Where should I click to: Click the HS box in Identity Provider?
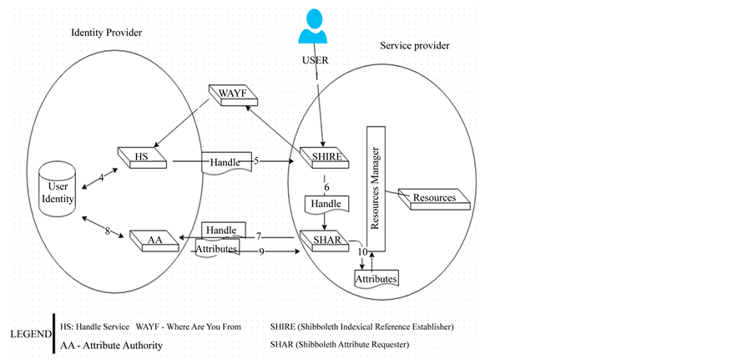pos(141,156)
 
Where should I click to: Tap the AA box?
pos(155,241)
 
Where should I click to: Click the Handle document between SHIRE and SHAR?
pos(325,204)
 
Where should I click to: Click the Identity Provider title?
pos(106,33)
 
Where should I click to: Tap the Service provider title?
pos(415,45)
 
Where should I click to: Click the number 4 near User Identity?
pos(102,177)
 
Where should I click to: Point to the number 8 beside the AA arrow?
pos(108,232)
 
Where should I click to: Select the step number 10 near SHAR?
pos(362,251)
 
